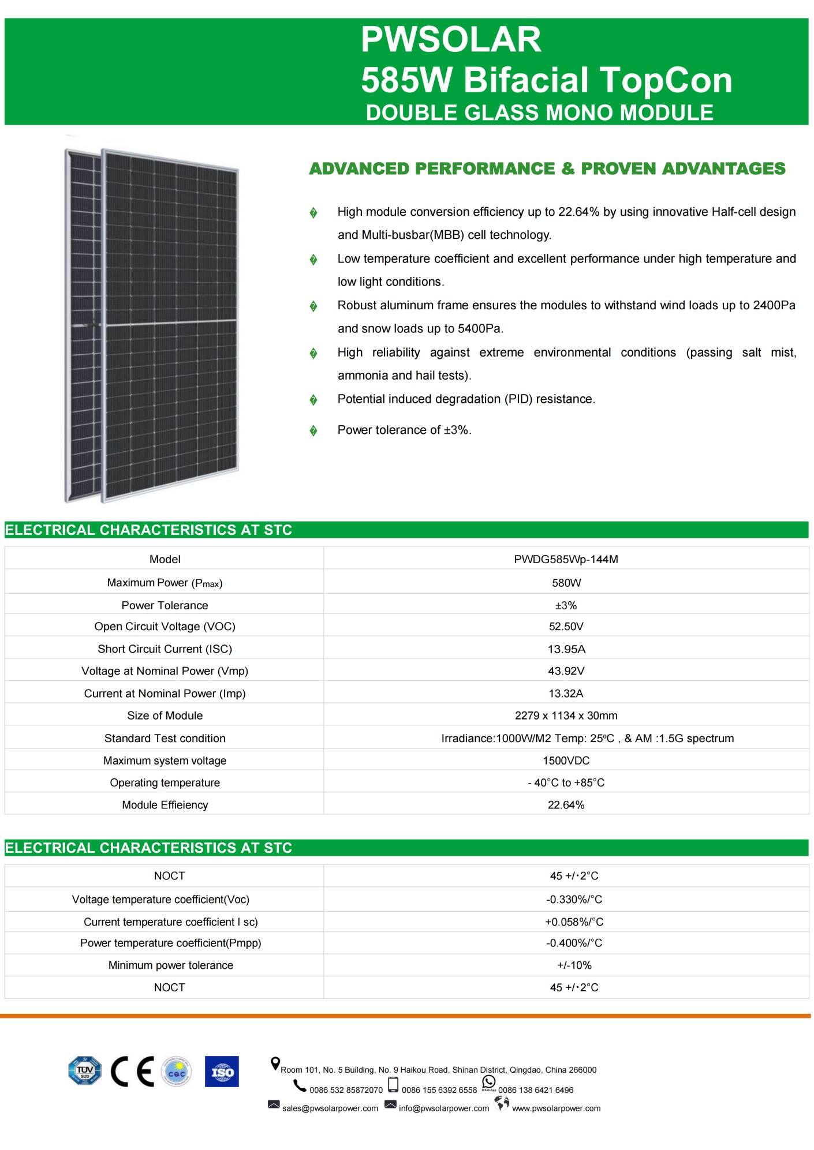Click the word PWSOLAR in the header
(451, 40)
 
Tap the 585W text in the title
(406, 80)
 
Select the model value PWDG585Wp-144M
(566, 559)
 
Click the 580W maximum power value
(566, 583)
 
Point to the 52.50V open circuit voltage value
(566, 627)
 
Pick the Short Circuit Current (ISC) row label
(165, 649)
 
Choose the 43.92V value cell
(566, 671)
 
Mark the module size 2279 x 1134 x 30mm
(566, 716)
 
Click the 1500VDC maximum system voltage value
(566, 761)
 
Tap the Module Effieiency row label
(165, 805)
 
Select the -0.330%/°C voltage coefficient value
(574, 900)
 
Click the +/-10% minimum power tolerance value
(574, 965)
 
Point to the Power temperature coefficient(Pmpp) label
(170, 943)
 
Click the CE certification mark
(132, 1072)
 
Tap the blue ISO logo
(222, 1072)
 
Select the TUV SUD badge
(84, 1071)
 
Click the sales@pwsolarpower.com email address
(330, 1108)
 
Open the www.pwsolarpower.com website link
(556, 1108)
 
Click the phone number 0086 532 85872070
(346, 1090)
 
